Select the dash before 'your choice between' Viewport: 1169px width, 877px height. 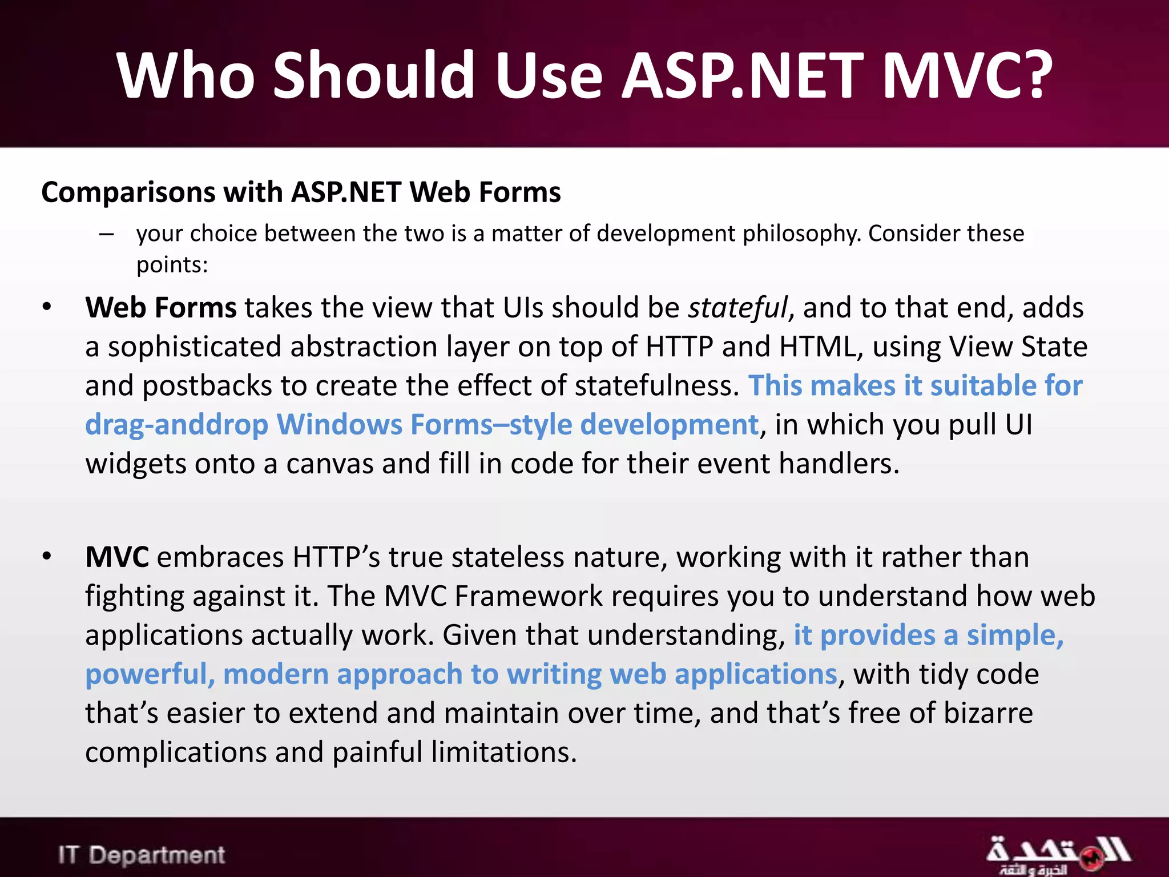pos(106,234)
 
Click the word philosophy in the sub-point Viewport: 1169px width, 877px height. pos(801,234)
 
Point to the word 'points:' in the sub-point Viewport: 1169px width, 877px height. pos(172,265)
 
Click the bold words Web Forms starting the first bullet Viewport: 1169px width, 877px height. pos(160,308)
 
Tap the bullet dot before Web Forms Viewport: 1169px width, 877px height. pos(47,308)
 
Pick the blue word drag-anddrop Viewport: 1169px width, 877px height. pos(176,425)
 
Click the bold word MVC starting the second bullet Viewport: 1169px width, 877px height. pos(117,557)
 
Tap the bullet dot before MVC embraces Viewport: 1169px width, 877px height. pos(47,557)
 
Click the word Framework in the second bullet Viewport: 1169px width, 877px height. pos(529,596)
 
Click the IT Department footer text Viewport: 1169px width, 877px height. pos(142,855)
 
